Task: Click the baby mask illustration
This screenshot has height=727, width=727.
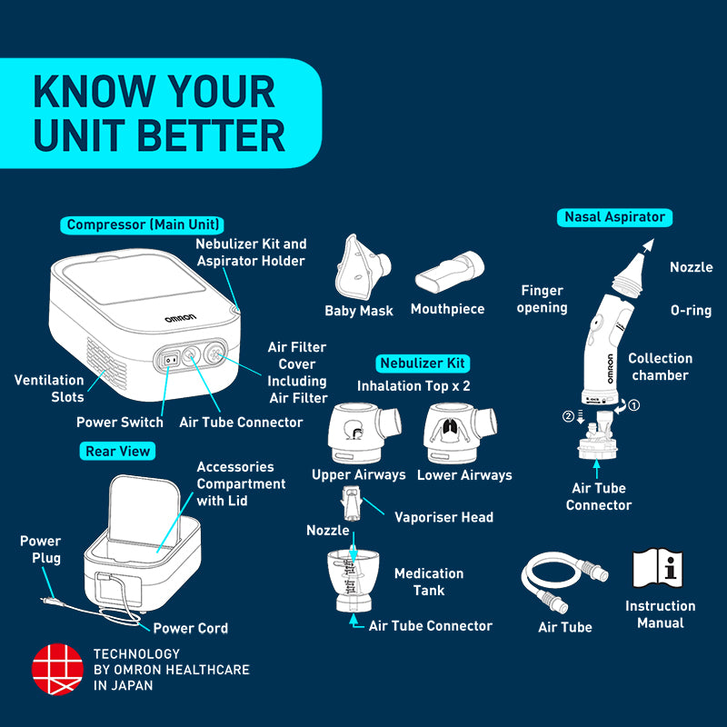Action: pyautogui.click(x=362, y=267)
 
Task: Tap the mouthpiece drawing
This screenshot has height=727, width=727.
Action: pyautogui.click(x=449, y=272)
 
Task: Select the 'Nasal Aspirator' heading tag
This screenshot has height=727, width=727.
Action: pyautogui.click(x=614, y=217)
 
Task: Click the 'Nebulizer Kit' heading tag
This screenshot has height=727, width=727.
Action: pyautogui.click(x=423, y=363)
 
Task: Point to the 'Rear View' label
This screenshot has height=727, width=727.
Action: pyautogui.click(x=117, y=451)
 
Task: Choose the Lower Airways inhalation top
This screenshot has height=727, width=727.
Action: pyautogui.click(x=460, y=433)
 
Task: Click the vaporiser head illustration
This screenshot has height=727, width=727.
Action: pyautogui.click(x=351, y=503)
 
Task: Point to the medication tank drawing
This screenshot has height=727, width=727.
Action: pyautogui.click(x=354, y=580)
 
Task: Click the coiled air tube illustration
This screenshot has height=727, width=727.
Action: pyautogui.click(x=563, y=581)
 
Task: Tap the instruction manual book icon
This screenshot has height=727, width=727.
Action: pyautogui.click(x=657, y=568)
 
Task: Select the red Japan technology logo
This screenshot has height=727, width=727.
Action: pyautogui.click(x=57, y=669)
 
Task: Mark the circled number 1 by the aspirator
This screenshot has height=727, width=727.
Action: pyautogui.click(x=633, y=405)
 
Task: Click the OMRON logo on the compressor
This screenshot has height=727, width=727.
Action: pyautogui.click(x=180, y=318)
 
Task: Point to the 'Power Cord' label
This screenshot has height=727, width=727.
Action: pyautogui.click(x=191, y=628)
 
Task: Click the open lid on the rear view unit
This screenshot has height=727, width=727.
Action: pyautogui.click(x=144, y=510)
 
